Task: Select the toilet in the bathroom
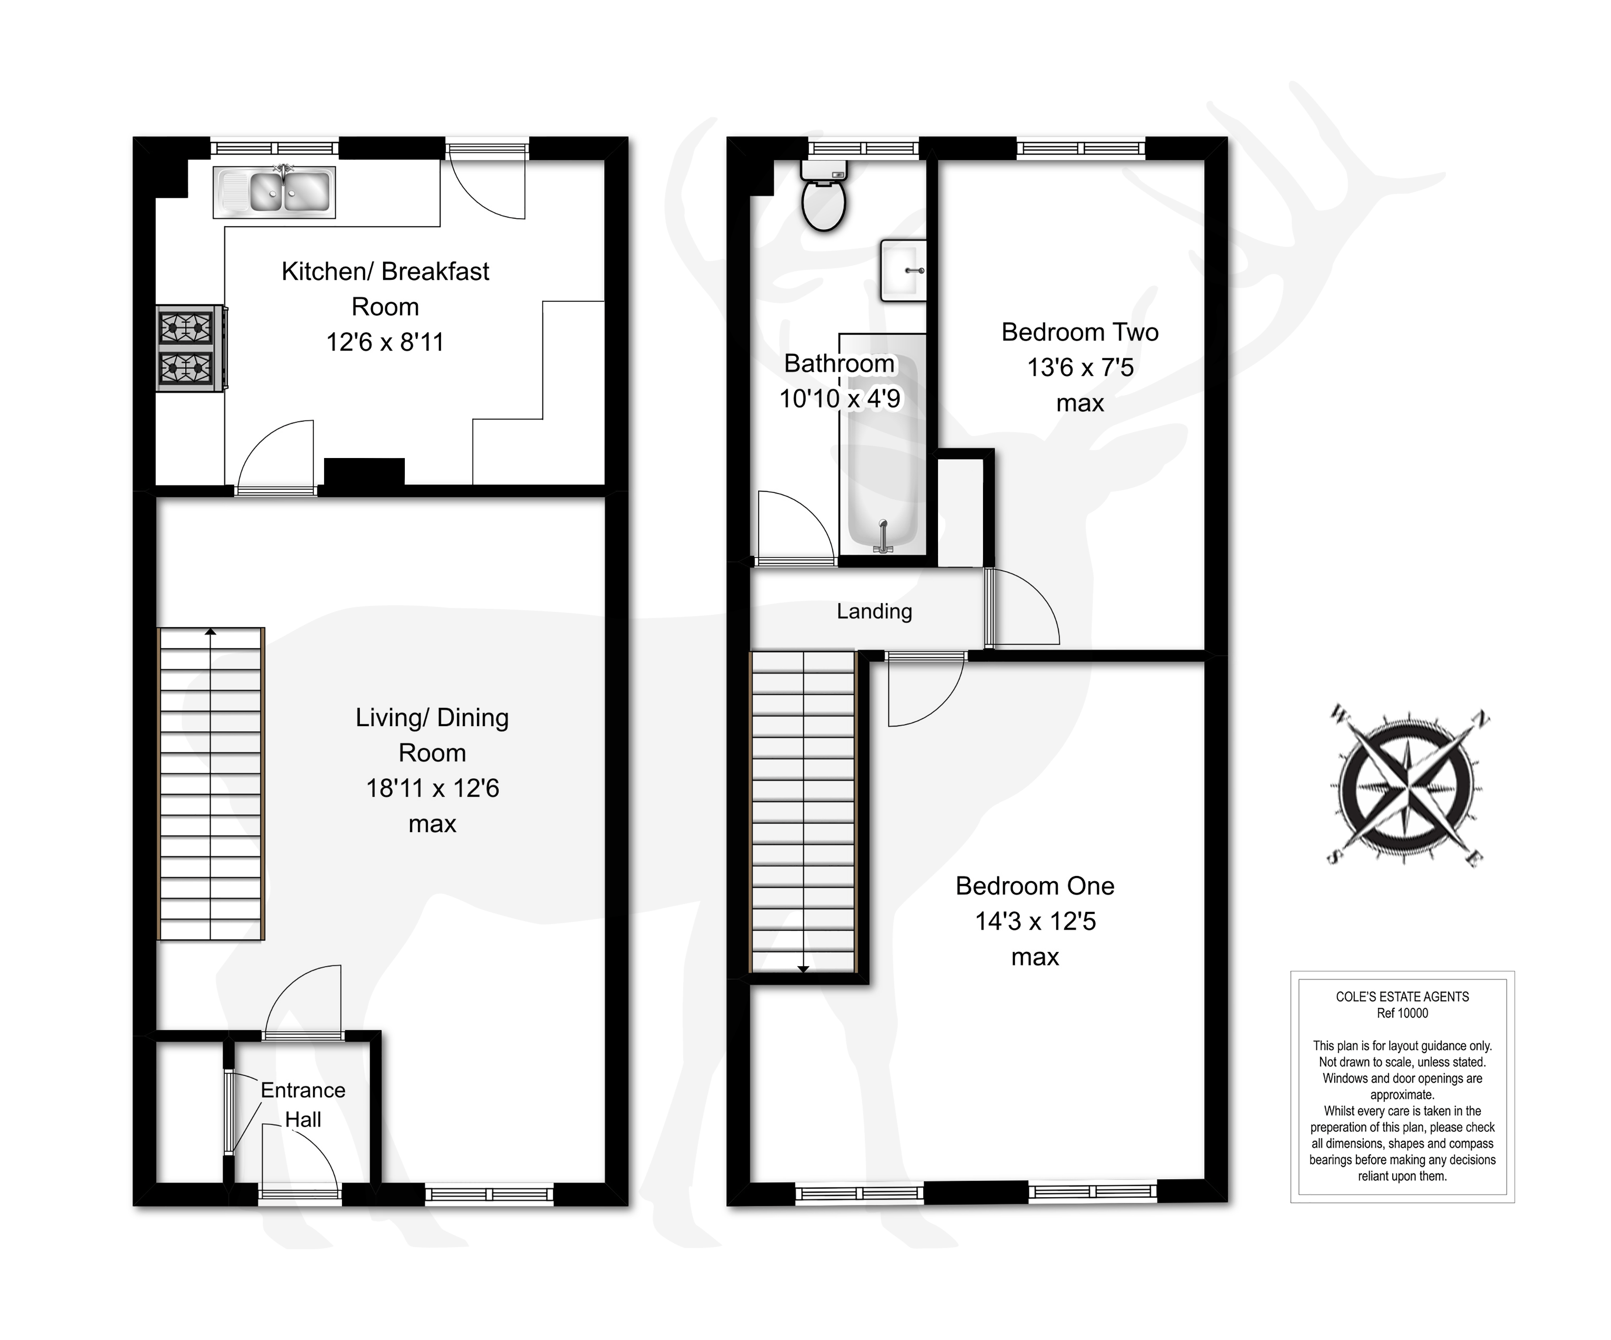click(x=823, y=198)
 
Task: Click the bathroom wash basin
click(x=904, y=270)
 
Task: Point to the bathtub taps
click(x=883, y=537)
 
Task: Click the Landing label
click(x=874, y=611)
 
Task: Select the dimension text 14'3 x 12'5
click(x=1035, y=921)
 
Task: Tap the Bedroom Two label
click(x=1080, y=332)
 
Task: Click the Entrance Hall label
click(x=303, y=1105)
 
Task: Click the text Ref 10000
click(x=1402, y=1013)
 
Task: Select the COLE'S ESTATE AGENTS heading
click(x=1402, y=996)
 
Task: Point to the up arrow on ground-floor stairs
click(x=210, y=633)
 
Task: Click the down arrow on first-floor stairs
click(x=803, y=969)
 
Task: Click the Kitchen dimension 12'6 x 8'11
click(x=385, y=342)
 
